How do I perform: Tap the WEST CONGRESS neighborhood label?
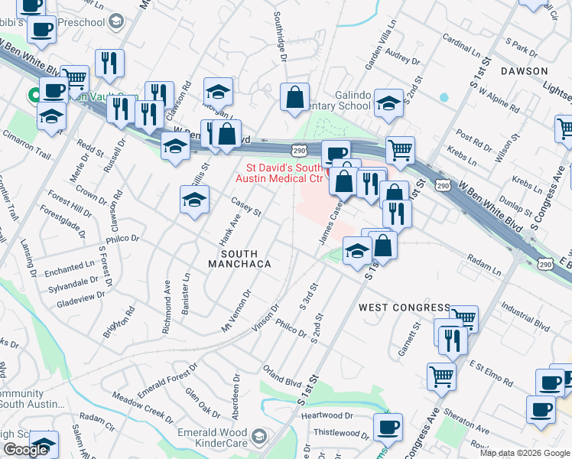click(x=405, y=308)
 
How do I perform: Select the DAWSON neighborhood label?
click(x=525, y=71)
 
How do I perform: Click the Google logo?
click(x=25, y=450)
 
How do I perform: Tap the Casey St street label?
click(x=246, y=205)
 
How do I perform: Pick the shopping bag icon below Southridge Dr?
click(x=294, y=97)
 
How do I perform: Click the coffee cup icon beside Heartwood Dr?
click(x=388, y=425)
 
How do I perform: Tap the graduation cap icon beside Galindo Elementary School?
click(x=388, y=104)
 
